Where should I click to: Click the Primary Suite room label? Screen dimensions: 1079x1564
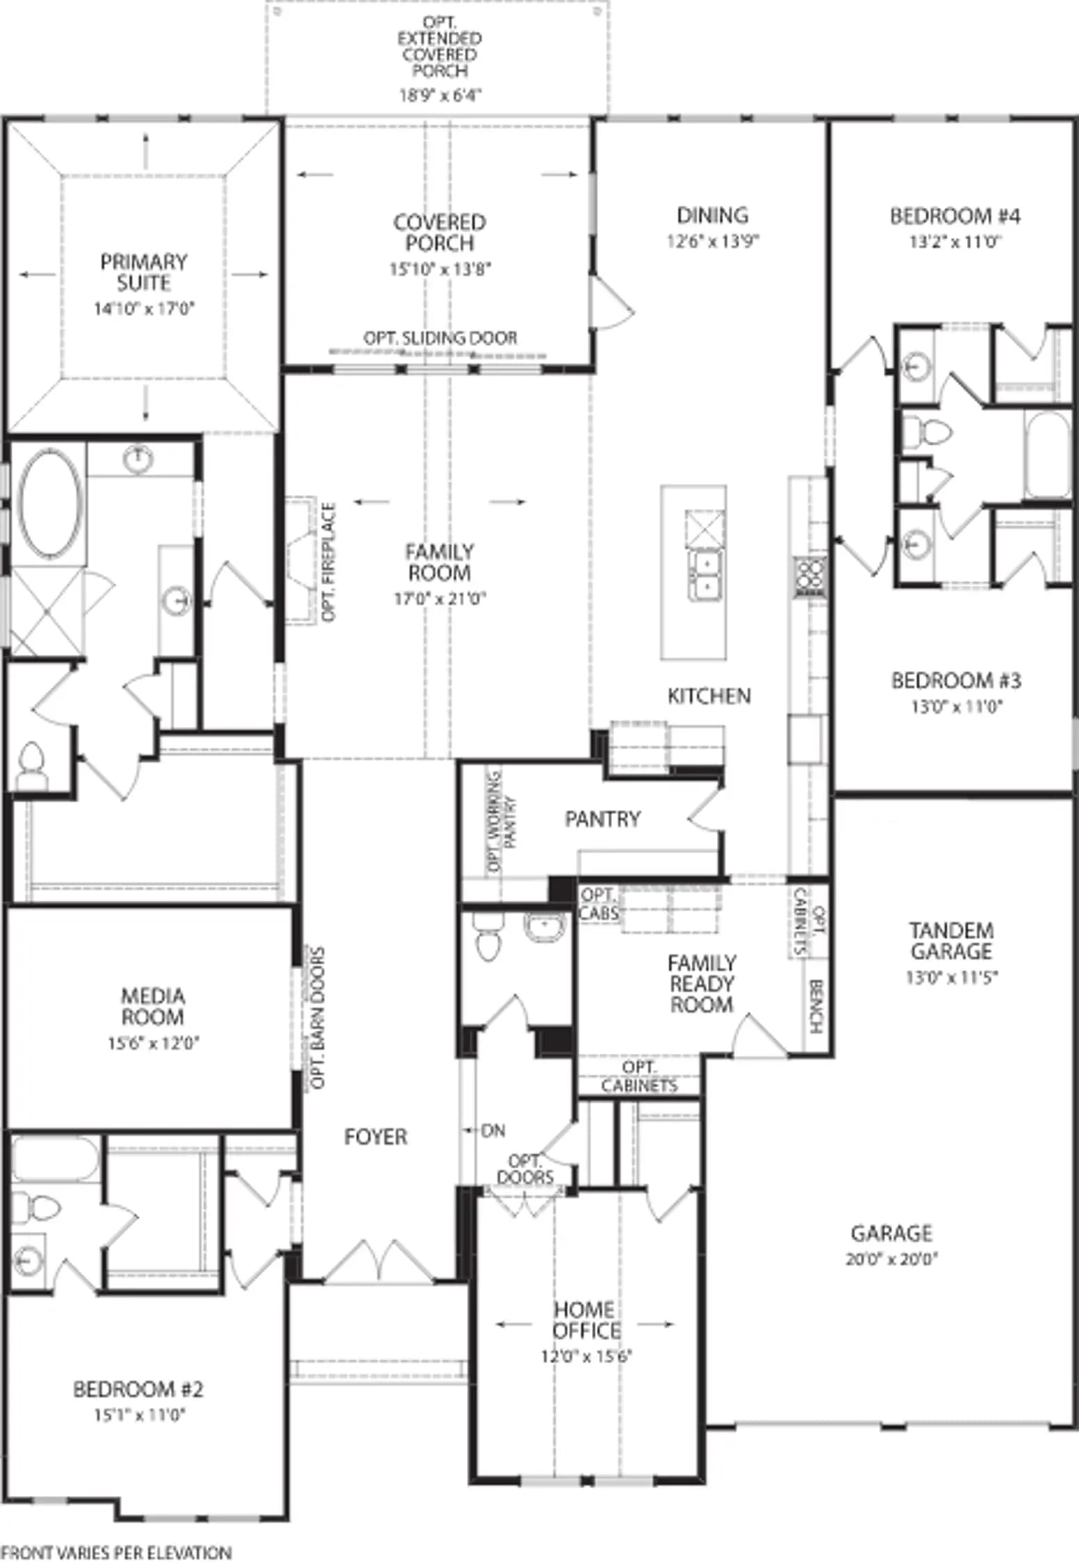tap(144, 272)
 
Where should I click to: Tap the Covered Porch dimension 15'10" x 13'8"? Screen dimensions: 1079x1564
tap(440, 269)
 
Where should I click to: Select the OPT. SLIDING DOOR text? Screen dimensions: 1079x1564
tap(440, 338)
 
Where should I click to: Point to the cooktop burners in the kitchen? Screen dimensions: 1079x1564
tap(810, 577)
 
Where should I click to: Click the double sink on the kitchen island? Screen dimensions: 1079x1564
tap(705, 576)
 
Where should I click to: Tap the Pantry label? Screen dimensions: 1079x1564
tap(602, 819)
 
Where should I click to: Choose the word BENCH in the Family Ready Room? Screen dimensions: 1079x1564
tap(816, 1006)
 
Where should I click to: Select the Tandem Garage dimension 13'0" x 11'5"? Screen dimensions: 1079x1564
tap(951, 977)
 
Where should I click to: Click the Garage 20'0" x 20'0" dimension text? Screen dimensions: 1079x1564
tap(891, 1259)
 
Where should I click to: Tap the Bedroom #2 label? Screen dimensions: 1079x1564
tap(138, 1390)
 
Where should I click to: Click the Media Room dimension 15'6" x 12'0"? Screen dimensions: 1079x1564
tap(154, 1043)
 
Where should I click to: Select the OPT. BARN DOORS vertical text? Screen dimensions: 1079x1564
tap(318, 1018)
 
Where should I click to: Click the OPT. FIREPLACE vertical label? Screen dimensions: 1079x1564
tap(329, 562)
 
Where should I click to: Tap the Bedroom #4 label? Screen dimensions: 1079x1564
tap(955, 216)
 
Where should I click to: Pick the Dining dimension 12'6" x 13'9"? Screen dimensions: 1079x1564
tap(713, 241)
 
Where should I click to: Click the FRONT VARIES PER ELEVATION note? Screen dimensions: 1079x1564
tap(116, 1552)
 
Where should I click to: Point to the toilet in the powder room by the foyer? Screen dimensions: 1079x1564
tap(487, 936)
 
